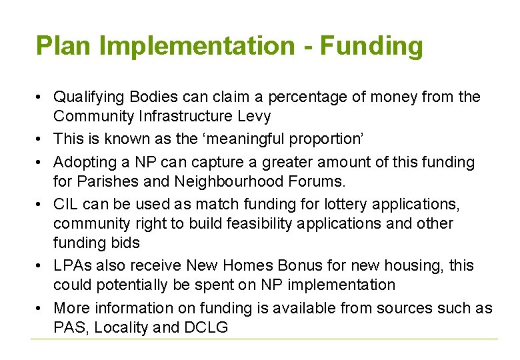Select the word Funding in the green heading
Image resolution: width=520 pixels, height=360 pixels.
coord(371,46)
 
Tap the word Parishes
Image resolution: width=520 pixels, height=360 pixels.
coord(106,181)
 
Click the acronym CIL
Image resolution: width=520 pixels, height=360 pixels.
coord(65,205)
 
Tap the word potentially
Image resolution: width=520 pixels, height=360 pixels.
coord(131,285)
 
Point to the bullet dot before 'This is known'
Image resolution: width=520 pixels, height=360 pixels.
coord(40,140)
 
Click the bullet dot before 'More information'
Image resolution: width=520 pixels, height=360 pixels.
coord(40,309)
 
